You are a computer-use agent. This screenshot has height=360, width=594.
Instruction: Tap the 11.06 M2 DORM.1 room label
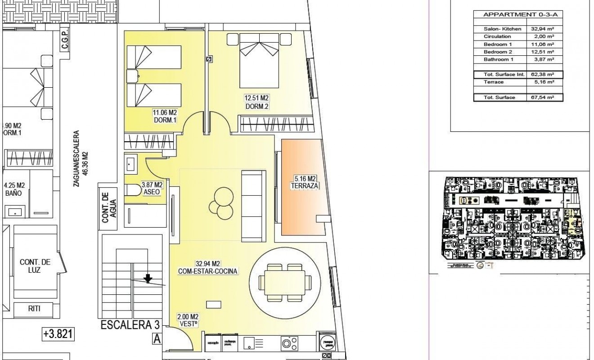[165, 116]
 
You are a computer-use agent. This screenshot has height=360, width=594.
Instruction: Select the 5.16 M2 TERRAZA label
[306, 181]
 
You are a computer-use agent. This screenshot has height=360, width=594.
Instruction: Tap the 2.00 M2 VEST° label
[188, 320]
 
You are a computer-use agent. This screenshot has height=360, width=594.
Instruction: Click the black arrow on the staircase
[148, 279]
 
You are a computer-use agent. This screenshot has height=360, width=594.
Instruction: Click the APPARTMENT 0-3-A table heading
[517, 15]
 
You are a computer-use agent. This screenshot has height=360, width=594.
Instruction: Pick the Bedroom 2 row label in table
[498, 52]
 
